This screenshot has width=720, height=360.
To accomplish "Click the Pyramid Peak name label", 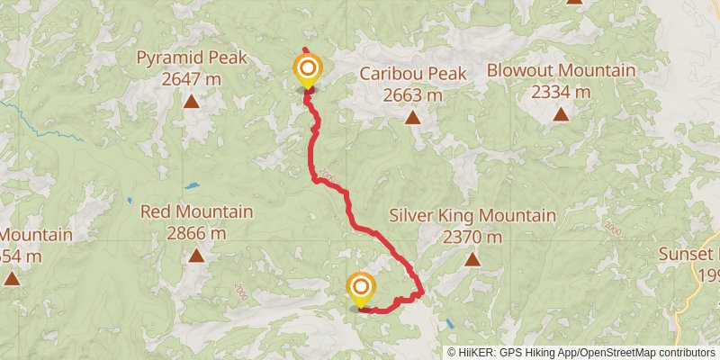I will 191,58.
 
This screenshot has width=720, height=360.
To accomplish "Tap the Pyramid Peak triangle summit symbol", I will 191,102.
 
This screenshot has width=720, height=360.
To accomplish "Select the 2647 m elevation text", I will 191,79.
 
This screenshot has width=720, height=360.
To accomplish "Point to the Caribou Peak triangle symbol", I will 412,117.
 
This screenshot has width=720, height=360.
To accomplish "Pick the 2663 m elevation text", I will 413,94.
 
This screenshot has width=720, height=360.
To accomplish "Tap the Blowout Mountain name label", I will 561,70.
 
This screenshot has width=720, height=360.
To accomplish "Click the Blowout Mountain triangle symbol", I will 561,113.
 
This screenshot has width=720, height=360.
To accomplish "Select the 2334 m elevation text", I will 561,91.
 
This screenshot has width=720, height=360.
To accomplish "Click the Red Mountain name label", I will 196,212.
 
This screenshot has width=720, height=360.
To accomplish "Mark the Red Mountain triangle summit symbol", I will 196,256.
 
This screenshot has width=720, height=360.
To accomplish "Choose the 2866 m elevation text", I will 196,233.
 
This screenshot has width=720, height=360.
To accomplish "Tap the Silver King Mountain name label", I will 472,216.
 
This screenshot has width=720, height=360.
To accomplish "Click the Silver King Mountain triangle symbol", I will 472,260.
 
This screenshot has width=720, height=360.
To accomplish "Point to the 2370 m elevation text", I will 472,238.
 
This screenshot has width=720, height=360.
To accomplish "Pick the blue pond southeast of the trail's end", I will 448,323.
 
